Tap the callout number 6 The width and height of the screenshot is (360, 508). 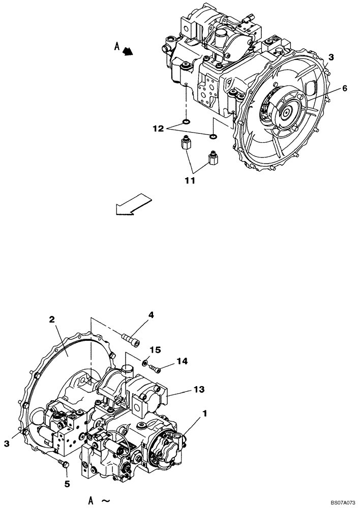click(x=344, y=88)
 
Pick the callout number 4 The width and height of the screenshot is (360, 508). click(x=151, y=315)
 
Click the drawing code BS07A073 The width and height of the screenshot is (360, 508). click(x=340, y=502)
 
